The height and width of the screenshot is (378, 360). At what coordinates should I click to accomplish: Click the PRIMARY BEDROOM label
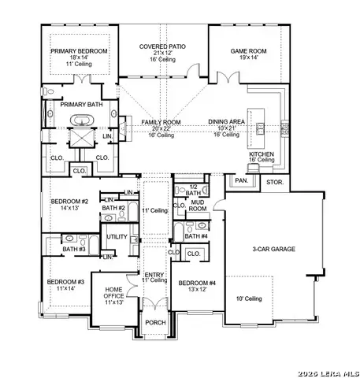click(x=79, y=51)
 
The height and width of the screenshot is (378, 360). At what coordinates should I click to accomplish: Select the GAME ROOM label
click(x=245, y=51)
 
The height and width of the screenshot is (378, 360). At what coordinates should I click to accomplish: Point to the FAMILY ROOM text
click(x=161, y=123)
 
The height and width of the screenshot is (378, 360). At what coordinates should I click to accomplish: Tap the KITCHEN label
click(x=262, y=155)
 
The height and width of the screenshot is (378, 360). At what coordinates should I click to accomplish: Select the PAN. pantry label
click(x=241, y=181)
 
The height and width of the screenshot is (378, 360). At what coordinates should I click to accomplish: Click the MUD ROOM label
click(x=197, y=206)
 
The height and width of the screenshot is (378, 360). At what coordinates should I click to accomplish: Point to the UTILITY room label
click(x=117, y=236)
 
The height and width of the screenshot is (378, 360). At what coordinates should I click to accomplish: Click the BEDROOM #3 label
click(x=65, y=282)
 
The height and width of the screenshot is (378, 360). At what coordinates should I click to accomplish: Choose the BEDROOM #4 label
click(x=197, y=283)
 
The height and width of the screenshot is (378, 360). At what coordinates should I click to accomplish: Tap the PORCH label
click(x=155, y=323)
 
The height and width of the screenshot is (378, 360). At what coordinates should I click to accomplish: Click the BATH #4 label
click(x=195, y=236)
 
